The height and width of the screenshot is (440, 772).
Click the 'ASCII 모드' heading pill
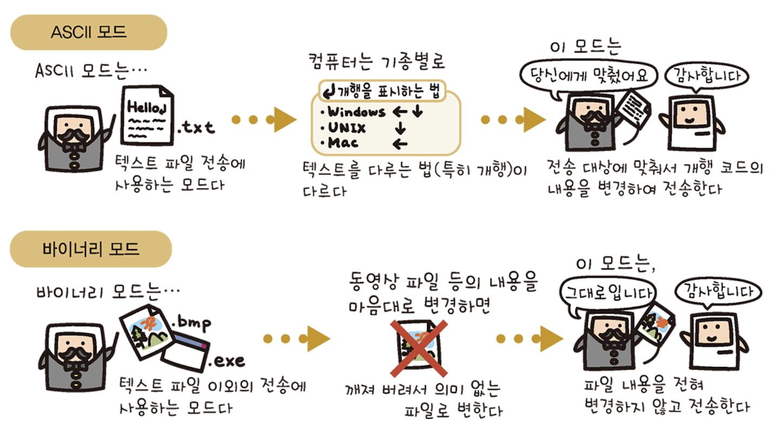[89, 32]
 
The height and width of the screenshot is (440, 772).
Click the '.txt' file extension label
[196, 128]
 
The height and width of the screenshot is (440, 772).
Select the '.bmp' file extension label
[191, 322]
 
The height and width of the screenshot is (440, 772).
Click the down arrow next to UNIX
[400, 129]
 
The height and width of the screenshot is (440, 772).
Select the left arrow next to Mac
[400, 144]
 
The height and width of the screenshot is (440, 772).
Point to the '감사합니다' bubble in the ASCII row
[703, 77]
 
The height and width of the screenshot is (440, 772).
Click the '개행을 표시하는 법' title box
[381, 92]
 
